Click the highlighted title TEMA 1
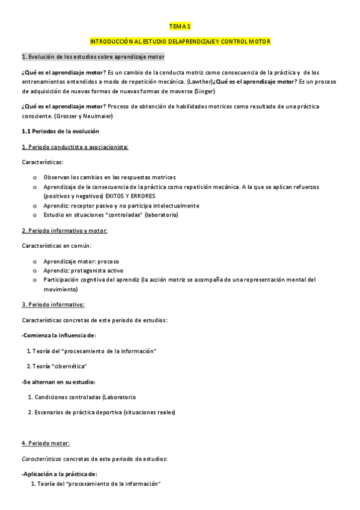tap(180, 26)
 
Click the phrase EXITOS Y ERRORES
tap(131, 196)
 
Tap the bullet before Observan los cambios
tap(35, 177)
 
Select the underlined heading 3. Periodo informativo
tap(53, 304)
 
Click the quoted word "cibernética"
tap(68, 366)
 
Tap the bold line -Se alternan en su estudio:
tap(58, 381)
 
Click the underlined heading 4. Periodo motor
tap(46, 443)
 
